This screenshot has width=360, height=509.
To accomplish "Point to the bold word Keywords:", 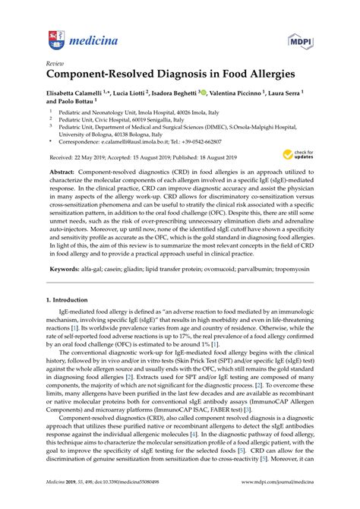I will click(65, 269).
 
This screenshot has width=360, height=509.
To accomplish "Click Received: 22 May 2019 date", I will click(77, 156).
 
